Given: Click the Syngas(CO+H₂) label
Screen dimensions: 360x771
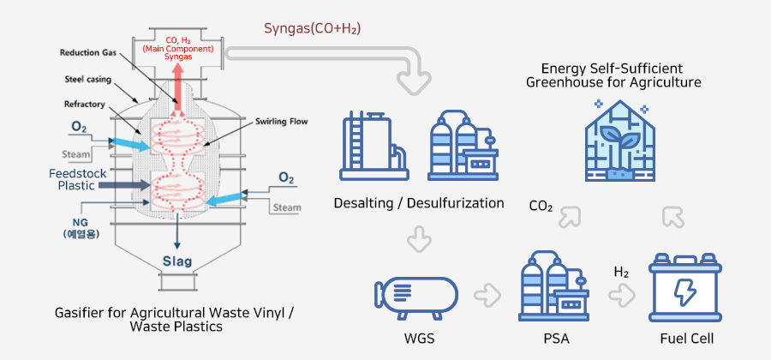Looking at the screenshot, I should (311, 29).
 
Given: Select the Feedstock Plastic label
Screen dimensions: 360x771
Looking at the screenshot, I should (76, 178).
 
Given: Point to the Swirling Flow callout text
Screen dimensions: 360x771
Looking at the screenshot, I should (281, 122).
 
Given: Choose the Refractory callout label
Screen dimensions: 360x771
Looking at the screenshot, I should (85, 104).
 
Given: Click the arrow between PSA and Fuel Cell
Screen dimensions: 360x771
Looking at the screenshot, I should (620, 295).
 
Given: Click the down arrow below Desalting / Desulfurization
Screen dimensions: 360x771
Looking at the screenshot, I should (418, 238).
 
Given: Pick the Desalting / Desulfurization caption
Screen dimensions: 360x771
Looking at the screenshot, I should (418, 203).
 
